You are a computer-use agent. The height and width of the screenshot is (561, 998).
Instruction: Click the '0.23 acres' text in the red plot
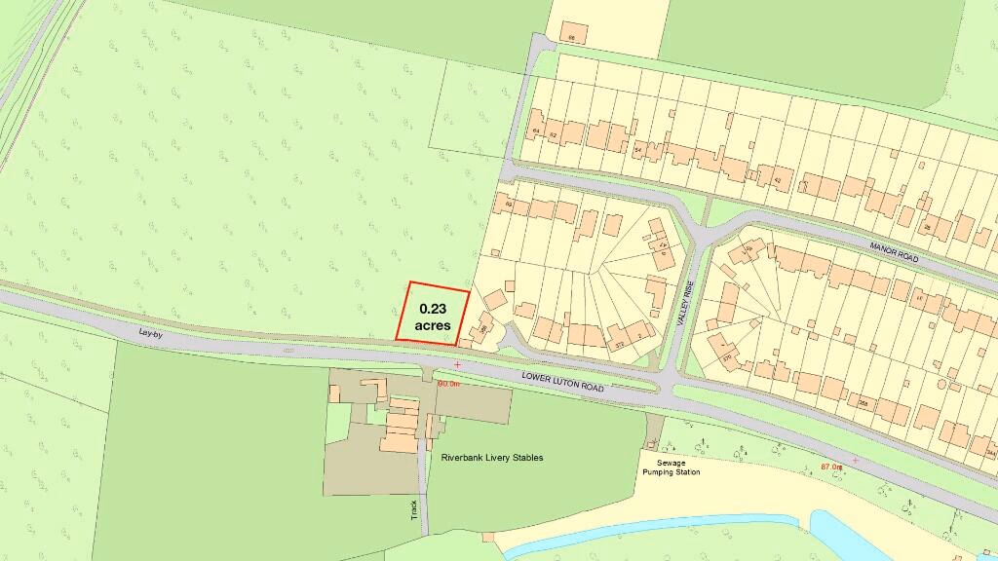click(432, 318)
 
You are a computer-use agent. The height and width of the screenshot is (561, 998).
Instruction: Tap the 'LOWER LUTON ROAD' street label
click(563, 381)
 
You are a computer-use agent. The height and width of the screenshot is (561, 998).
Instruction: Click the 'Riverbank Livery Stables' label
click(492, 458)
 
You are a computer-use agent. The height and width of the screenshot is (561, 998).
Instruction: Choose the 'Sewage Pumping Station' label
click(671, 467)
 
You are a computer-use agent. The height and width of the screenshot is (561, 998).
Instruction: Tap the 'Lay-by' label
click(149, 333)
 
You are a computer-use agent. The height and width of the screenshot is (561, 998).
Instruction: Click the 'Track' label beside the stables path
click(413, 507)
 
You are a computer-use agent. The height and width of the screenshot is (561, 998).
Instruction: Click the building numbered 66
click(572, 38)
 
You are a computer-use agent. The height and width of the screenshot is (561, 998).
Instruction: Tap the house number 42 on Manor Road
click(777, 180)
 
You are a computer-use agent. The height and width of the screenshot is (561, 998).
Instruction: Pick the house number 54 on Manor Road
click(638, 152)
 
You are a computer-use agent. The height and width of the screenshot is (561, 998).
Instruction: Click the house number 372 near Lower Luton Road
click(618, 344)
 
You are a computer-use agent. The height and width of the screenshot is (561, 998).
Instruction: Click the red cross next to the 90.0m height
click(457, 364)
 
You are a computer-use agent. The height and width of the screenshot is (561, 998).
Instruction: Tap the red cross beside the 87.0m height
click(856, 460)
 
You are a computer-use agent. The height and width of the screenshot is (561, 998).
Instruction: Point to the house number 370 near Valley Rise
click(727, 357)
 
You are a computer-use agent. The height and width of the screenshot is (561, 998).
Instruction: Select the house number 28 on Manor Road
click(928, 226)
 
